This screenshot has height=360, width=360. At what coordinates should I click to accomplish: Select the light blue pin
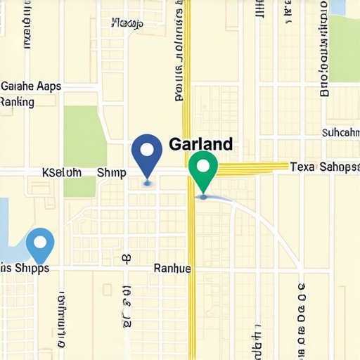point(40,245)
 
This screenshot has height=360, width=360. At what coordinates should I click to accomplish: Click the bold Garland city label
point(201,144)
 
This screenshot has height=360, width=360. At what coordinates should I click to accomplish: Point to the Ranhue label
point(172,268)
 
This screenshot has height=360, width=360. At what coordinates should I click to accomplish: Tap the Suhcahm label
point(340,131)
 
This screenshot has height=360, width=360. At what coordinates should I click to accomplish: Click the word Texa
point(304,167)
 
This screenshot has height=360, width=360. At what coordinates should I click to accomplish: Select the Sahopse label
point(339,167)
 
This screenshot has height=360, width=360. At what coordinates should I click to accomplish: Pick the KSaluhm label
point(62,172)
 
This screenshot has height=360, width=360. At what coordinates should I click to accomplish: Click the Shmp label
point(111,172)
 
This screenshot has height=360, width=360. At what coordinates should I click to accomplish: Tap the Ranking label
point(18,102)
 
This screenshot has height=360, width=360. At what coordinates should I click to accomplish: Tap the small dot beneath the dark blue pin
point(146,184)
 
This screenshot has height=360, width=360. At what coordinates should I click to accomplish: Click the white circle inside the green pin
point(204,166)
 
